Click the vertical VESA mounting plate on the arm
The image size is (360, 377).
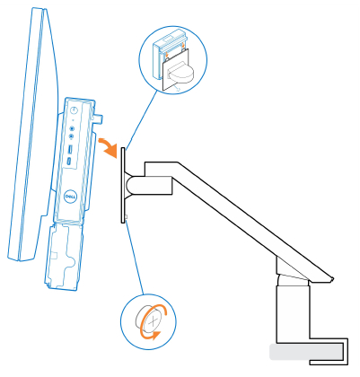point(123,185)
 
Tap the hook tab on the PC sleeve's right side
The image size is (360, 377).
point(100,112)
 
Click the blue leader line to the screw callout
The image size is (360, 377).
point(135,256)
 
